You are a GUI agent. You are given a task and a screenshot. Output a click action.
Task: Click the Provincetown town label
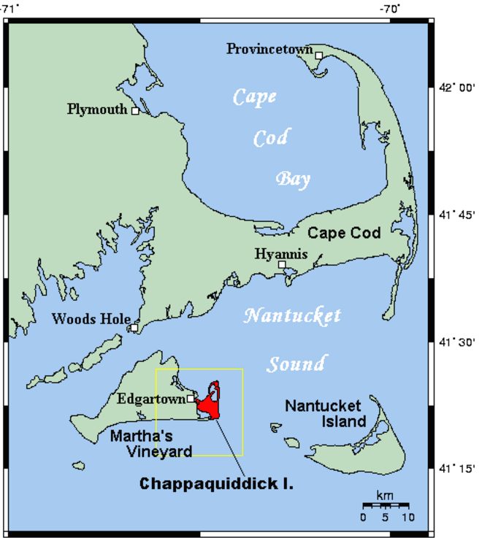pyautogui.click(x=269, y=49)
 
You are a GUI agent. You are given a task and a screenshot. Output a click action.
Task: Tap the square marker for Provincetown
pyautogui.click(x=318, y=55)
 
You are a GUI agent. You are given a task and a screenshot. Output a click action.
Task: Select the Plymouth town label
pyautogui.click(x=97, y=109)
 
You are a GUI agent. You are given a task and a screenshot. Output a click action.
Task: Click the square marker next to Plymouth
pyautogui.click(x=135, y=111)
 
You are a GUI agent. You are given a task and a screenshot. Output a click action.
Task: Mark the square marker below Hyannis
pyautogui.click(x=282, y=265)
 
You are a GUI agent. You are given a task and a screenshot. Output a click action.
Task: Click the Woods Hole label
pyautogui.click(x=91, y=319)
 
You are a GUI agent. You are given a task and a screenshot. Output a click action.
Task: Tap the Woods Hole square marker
pyautogui.click(x=134, y=328)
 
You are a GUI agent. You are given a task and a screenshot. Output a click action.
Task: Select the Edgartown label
pyautogui.click(x=150, y=399)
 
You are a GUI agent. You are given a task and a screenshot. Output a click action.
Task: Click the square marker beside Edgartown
pyautogui.click(x=191, y=399)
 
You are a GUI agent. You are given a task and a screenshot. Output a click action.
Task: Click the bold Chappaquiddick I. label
pyautogui.click(x=216, y=484)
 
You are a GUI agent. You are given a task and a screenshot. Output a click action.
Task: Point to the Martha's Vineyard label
pyautogui.click(x=150, y=444)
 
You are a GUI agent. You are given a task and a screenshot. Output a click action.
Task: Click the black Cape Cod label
pyautogui.click(x=344, y=234)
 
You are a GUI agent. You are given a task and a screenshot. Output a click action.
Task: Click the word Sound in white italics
pyautogui.click(x=295, y=364)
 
